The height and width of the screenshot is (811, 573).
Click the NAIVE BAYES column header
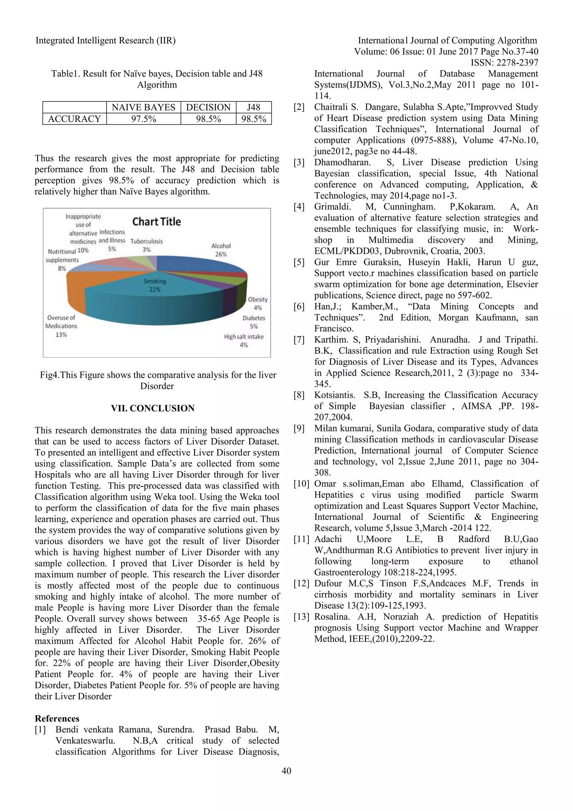pos(143,107)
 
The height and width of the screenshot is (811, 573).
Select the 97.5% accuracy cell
pos(143,119)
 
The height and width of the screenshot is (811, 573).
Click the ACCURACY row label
pos(74,119)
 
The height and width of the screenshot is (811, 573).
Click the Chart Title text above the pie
pos(156,222)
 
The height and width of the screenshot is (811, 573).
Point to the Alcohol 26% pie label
pos(221,250)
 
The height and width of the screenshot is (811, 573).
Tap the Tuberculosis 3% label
pos(146,245)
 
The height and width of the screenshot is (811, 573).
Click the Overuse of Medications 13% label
pos(61,326)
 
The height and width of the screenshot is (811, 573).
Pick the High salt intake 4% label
pos(244,340)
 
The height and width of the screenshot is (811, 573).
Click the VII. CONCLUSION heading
pos(153,408)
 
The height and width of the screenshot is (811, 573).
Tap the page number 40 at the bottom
pos(286,771)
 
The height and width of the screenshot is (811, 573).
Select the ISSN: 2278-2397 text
pos(504,63)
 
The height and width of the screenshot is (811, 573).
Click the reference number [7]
pos(299,340)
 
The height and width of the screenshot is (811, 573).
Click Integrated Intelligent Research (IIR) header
pos(105,41)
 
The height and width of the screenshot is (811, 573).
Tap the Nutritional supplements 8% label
pos(62,260)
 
